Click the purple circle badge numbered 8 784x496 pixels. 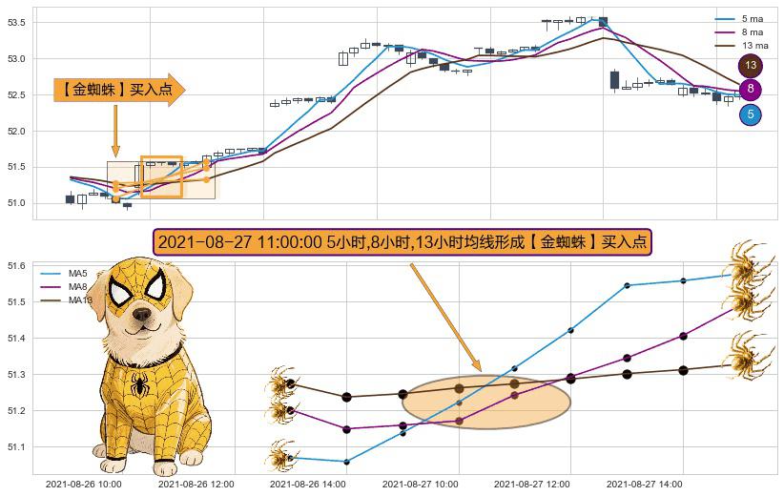751,90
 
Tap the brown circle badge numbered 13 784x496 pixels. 751,66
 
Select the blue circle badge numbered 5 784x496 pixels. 751,115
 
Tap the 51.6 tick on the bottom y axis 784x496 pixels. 18,266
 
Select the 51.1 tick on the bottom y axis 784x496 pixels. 18,447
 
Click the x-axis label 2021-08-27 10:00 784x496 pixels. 421,485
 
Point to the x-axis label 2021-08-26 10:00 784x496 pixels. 84,485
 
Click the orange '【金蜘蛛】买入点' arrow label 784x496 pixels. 118,90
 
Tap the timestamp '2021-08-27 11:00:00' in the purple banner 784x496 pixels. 239,242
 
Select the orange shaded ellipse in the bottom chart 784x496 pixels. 486,402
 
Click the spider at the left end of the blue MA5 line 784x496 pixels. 281,455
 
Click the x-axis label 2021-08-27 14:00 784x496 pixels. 645,485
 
